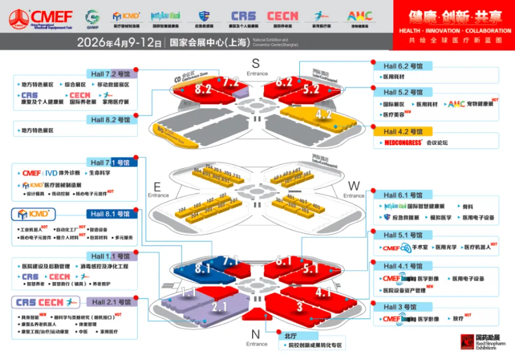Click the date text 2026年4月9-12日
coord(119,43)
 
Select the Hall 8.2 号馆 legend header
coord(111,120)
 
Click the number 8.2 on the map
coord(203,89)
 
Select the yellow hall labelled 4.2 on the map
coord(324,114)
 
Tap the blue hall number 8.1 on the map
coord(202,269)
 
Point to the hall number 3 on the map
coord(300,306)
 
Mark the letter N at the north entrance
coord(255,334)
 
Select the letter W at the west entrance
coord(354,185)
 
